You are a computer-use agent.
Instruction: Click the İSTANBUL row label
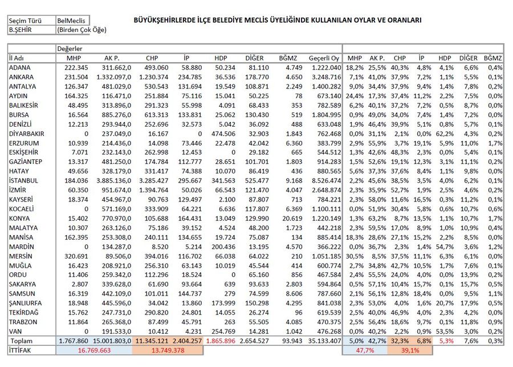pos(24,180)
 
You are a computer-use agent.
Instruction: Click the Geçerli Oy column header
pos(323,58)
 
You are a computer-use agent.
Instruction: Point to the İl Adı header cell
pos(18,58)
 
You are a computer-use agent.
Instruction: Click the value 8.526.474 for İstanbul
pos(325,180)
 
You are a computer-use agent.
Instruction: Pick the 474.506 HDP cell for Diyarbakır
pos(223,134)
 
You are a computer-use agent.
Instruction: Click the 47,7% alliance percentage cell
pos(363,349)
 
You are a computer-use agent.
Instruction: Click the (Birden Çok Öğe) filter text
pos(82,30)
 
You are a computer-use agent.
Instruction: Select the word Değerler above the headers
pos(71,49)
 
